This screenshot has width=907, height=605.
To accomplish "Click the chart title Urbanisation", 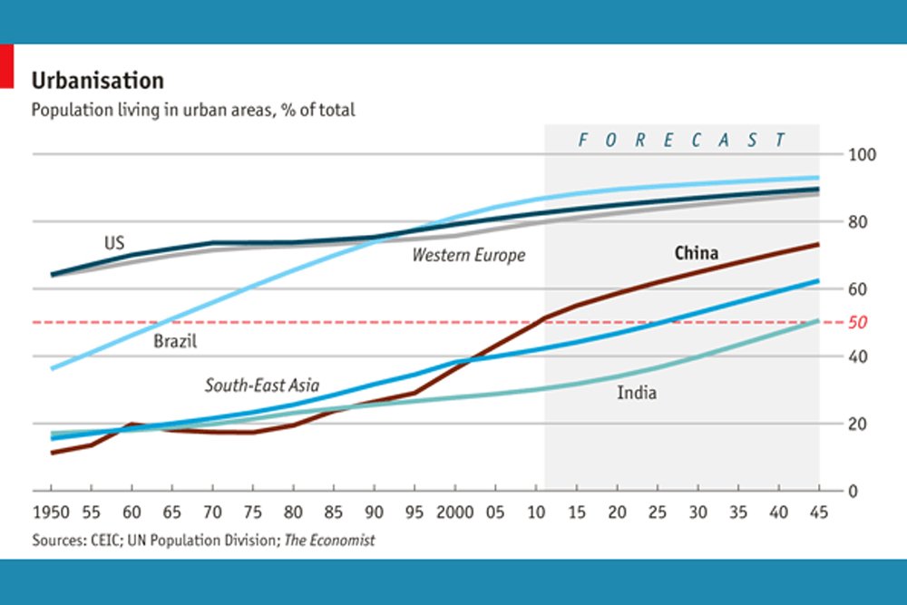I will pyautogui.click(x=98, y=81).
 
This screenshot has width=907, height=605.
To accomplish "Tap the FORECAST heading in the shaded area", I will pyautogui.click(x=681, y=140).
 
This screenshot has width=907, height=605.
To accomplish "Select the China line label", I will pyautogui.click(x=697, y=252).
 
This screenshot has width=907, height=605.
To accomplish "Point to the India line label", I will pyautogui.click(x=637, y=393).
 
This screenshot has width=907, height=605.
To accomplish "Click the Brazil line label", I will pyautogui.click(x=175, y=342).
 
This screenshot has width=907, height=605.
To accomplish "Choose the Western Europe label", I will pyautogui.click(x=468, y=255).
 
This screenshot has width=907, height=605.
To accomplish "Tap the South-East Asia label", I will pyautogui.click(x=261, y=385).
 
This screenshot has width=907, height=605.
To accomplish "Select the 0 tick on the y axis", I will pyautogui.click(x=853, y=491).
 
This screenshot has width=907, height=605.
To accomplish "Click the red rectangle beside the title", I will pyautogui.click(x=5, y=67).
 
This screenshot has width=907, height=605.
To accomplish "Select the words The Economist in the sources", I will pyautogui.click(x=329, y=540).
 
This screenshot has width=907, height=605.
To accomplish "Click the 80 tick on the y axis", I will pyautogui.click(x=856, y=222).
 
